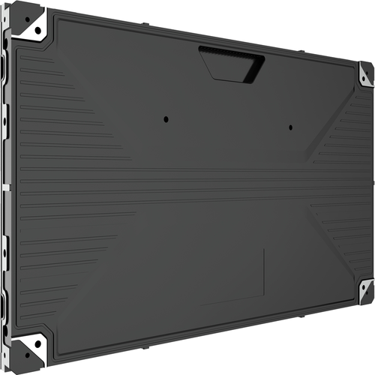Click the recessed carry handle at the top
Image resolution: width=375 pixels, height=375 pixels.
[x=232, y=64]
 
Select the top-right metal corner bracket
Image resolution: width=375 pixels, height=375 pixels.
[x=366, y=73]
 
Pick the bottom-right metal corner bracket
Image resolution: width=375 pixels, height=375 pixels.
[x=366, y=290]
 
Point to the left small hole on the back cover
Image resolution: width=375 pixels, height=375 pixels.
[x=166, y=118]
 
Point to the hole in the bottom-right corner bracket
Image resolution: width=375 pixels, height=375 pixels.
[x=367, y=290]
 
